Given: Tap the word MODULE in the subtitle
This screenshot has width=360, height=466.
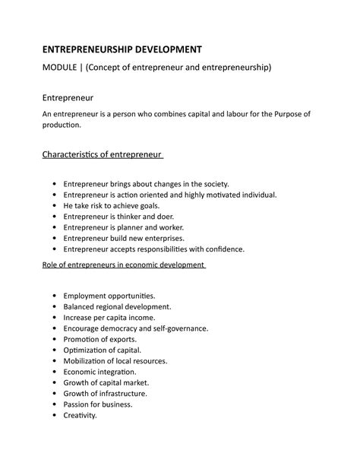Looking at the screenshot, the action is (65, 69).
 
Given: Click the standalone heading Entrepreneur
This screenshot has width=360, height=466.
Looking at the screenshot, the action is (73, 98).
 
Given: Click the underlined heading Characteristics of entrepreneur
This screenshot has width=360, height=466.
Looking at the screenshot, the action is (102, 155).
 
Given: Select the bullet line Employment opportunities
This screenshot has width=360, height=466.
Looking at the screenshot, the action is (109, 295).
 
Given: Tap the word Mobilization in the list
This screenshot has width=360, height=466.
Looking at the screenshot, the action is (85, 361).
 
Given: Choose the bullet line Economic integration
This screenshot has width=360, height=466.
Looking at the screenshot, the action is (99, 372).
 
